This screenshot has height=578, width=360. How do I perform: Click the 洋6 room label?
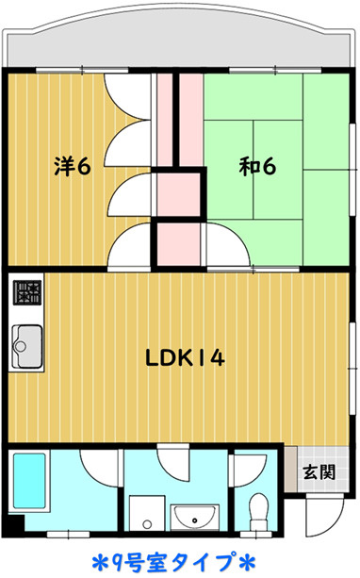point(73,167)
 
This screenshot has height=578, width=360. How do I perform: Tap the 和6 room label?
point(257,167)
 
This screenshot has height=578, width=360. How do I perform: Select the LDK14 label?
point(185,357)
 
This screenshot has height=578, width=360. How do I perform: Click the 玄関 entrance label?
point(319,471)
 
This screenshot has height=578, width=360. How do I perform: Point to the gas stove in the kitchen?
point(27,292)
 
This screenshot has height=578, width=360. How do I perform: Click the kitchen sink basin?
point(27,346)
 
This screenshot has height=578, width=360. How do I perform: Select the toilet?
point(260,511)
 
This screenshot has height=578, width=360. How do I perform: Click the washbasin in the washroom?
point(194,518)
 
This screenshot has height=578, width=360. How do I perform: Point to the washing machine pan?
point(147,513)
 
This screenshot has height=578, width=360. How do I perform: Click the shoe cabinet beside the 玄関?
point(290,469)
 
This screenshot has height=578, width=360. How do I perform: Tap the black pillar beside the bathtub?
point(15,523)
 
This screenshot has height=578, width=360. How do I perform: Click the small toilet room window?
point(255,534)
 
